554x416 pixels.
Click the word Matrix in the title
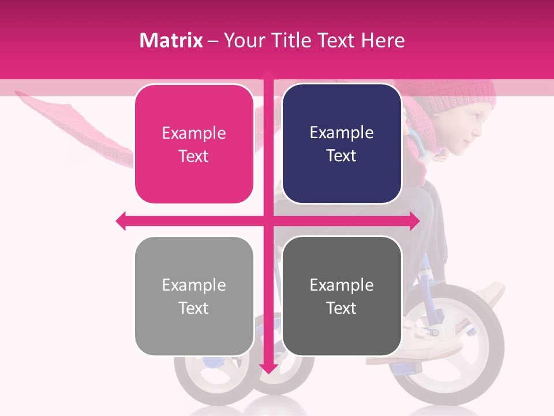tap(171, 40)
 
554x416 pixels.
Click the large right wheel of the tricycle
tap(456, 347)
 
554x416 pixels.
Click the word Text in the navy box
tap(342, 155)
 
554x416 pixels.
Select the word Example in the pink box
tap(194, 133)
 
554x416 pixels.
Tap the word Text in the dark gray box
tap(342, 308)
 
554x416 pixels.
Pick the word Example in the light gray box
tap(194, 285)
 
